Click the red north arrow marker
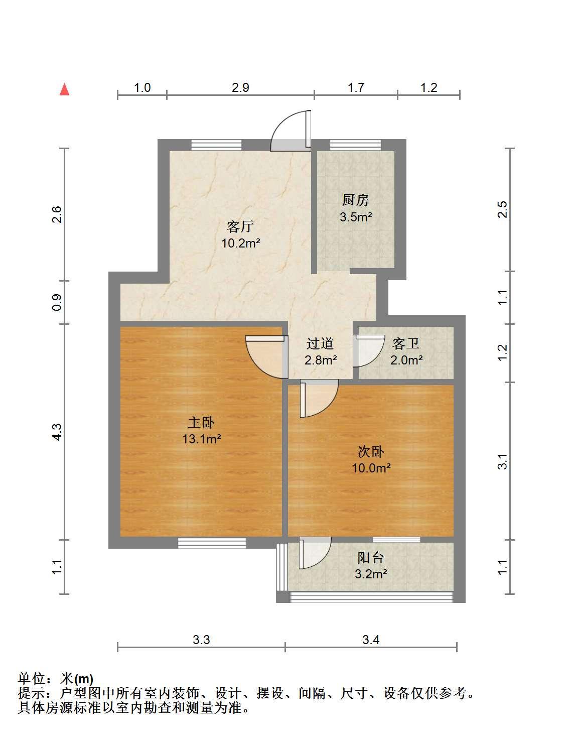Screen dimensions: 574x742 [65, 90]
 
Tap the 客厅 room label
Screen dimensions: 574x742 [240, 226]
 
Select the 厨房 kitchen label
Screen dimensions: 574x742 [356, 200]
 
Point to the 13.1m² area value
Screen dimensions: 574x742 [201, 438]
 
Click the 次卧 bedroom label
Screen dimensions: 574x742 [371, 452]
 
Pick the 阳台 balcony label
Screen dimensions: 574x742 [371, 558]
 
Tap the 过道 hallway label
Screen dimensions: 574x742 [320, 343]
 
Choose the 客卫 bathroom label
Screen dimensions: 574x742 [405, 343]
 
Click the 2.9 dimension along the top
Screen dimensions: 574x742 [240, 87]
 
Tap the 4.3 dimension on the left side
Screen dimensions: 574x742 [57, 432]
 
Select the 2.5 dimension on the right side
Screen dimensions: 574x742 [503, 209]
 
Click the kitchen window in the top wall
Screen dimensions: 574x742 [355, 145]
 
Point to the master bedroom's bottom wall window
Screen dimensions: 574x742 [212, 543]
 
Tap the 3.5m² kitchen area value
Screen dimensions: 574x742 [356, 216]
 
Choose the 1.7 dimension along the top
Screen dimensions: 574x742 [356, 87]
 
